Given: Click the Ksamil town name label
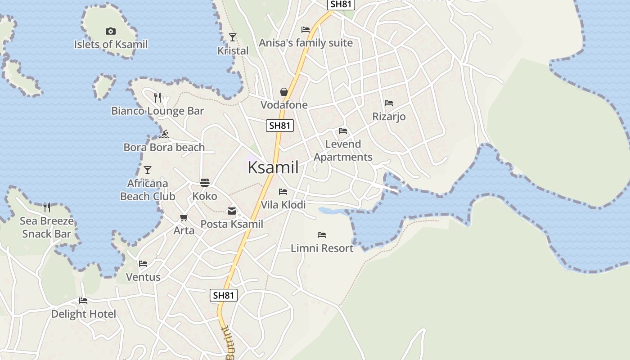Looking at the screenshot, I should (x=273, y=167).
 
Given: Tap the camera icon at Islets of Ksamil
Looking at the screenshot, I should (x=110, y=31).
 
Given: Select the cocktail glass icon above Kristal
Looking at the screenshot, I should (x=233, y=37).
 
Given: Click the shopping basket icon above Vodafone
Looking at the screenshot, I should (x=284, y=92).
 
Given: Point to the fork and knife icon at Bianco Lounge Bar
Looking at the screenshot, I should (x=157, y=97).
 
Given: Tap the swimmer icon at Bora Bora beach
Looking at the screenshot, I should (x=164, y=134).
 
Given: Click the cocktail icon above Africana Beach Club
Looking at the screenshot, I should (x=148, y=170).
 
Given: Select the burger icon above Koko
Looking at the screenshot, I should (x=205, y=182).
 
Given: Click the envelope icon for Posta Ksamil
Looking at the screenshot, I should (x=232, y=211).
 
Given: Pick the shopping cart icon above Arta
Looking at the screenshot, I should (x=184, y=218).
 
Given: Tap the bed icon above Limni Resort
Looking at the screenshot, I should (x=321, y=234).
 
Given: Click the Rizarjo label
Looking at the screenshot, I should (x=389, y=117).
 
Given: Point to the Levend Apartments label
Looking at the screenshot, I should (x=343, y=150).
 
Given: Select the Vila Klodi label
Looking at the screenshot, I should (x=283, y=205).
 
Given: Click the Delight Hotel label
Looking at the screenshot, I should (x=83, y=314).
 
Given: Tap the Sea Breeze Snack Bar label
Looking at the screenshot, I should (x=46, y=227).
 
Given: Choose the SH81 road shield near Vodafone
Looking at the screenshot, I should (x=280, y=126).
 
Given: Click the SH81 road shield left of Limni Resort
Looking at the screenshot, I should (x=224, y=295).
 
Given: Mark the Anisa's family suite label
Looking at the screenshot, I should (x=306, y=43).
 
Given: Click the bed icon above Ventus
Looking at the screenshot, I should (x=143, y=263).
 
